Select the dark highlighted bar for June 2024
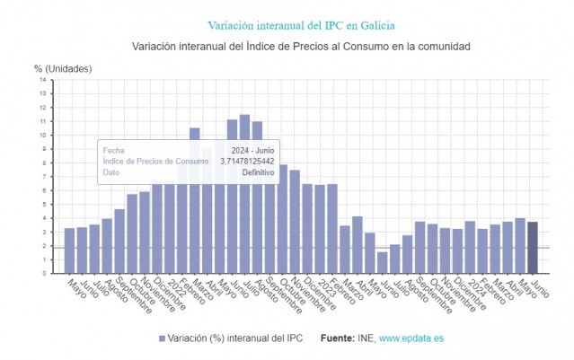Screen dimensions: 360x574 533,247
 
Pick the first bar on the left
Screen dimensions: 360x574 69,250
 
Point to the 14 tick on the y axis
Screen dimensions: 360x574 43,80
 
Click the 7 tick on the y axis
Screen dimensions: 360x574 43,176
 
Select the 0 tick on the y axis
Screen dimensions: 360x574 43,273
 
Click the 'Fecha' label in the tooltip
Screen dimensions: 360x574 113,150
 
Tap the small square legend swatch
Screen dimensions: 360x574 162,338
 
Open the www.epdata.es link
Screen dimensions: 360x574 411,338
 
